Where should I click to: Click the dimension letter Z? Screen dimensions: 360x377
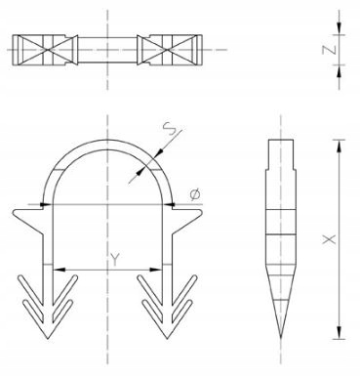click(329, 50)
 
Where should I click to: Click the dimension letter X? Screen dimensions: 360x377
click(329, 239)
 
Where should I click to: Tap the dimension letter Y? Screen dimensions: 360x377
click(114, 260)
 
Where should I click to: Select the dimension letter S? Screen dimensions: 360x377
click(170, 128)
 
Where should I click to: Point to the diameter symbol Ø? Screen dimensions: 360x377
click(195, 194)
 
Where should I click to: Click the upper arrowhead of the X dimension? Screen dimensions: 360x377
click(340, 146)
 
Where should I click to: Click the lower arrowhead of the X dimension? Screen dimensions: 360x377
click(340, 333)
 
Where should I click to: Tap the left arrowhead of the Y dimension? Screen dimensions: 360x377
click(60, 270)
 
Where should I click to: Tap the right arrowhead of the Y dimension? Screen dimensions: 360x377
click(156, 270)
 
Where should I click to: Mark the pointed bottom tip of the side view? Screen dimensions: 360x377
click(281, 339)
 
